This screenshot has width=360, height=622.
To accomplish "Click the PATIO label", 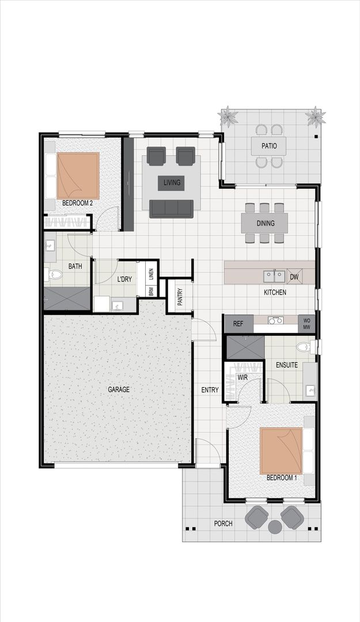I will click(269, 146).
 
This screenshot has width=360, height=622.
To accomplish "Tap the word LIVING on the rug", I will click(172, 183).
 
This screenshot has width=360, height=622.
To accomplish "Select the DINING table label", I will click(265, 223).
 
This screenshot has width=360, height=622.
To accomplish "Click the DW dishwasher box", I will click(294, 277).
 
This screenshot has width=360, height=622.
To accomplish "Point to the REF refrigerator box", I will click(238, 324).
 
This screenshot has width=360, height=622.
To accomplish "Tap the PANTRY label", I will click(180, 297).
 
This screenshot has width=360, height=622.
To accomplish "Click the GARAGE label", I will click(119, 389).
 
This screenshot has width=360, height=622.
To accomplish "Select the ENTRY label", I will click(210, 390).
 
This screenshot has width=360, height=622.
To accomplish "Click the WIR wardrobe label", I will click(242, 377).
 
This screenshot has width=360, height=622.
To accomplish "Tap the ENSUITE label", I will click(286, 365).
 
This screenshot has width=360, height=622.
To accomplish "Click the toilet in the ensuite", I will click(304, 347).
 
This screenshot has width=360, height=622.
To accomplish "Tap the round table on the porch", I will click(275, 526).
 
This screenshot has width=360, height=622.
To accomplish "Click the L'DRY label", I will click(125, 279).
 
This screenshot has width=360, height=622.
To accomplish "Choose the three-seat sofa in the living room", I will click(171, 208).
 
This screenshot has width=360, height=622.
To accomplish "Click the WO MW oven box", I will click(306, 324).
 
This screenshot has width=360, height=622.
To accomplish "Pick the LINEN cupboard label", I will click(151, 270).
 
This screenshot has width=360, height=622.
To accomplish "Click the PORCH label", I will click(222, 524).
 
